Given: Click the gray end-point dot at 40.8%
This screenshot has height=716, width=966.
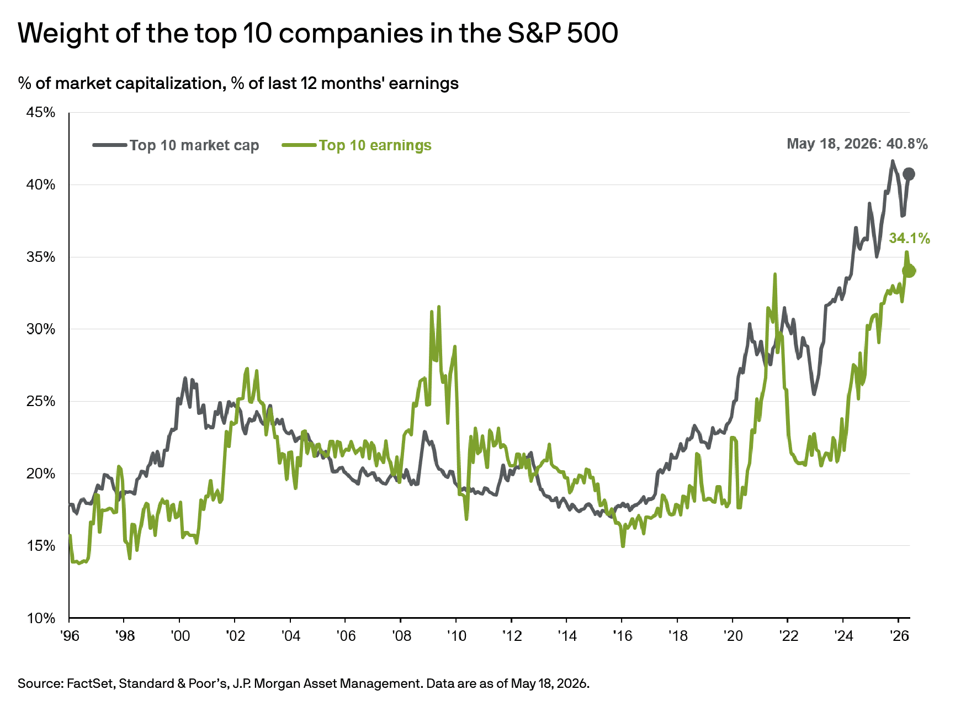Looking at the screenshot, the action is point(909,174).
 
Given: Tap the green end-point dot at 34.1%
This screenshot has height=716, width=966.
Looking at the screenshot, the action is point(909,271).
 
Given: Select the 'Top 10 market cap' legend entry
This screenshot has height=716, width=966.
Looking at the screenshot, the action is point(176,145).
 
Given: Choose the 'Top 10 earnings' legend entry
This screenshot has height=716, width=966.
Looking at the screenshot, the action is point(357,145).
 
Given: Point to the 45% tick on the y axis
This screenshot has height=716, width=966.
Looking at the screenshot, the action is point(41,113).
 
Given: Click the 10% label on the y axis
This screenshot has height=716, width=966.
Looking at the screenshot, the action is point(41,618).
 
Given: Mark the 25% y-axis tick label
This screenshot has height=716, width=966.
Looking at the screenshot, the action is point(41,402).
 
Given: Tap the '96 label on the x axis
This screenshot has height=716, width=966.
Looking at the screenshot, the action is point(70,636).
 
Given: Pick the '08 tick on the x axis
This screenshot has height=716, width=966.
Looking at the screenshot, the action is point(401,636).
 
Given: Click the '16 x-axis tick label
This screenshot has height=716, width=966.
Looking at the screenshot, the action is point(622,636).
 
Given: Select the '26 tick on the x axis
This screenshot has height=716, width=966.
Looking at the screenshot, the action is point(899,636).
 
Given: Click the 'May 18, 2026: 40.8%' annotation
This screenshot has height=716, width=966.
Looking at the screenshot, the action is point(857,144).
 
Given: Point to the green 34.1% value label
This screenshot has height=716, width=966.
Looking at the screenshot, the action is point(910,239).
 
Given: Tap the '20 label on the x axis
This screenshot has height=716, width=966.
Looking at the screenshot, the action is point(733,636).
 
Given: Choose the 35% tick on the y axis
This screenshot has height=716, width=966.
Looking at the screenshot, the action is point(41,257).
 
